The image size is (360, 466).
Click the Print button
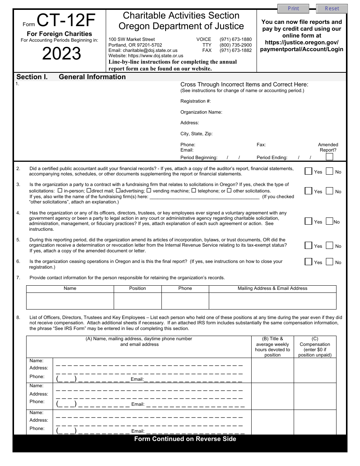[x=293, y=8]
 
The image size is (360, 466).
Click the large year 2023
[x=61, y=54]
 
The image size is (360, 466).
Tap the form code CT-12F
[x=66, y=20]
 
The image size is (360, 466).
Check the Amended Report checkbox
[x=330, y=157]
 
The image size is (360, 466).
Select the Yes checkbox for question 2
[x=308, y=171]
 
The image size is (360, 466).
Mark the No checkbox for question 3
[x=330, y=191]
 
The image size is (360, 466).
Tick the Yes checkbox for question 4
[x=308, y=221]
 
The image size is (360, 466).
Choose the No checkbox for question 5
[x=330, y=246]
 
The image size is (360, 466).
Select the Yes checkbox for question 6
[x=308, y=262]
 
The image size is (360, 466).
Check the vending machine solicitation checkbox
[x=149, y=191]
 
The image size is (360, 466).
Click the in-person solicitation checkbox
[x=60, y=191]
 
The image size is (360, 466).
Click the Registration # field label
[x=196, y=101]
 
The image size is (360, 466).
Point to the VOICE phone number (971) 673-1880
[x=235, y=39]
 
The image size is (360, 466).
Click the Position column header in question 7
[x=138, y=288]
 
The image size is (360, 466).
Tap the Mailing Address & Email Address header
[x=272, y=288]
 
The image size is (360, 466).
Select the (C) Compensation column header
[x=315, y=347]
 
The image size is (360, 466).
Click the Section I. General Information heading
[x=71, y=77]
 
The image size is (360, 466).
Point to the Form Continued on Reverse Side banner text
[x=185, y=439]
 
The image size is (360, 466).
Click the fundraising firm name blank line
[x=205, y=197]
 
